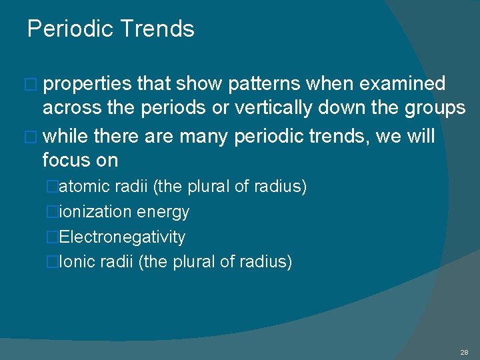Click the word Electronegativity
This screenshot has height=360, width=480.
point(123,237)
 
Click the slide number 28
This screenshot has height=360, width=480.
point(464,351)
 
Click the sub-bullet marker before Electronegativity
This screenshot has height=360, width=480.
point(53,237)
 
